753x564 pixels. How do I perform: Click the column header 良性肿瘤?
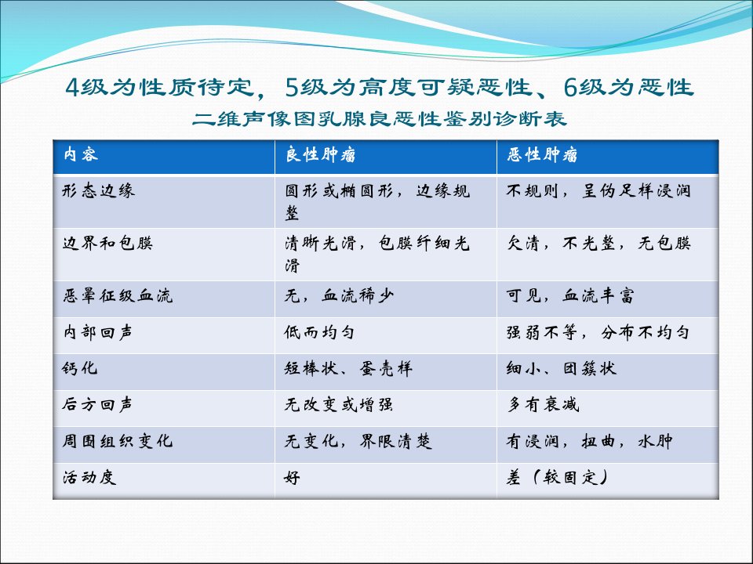(320, 155)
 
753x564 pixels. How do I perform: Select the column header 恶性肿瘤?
(542, 155)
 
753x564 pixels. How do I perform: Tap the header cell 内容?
(81, 154)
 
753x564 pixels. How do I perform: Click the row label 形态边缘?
(99, 191)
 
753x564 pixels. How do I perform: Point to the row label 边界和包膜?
(107, 243)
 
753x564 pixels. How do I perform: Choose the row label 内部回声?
(98, 332)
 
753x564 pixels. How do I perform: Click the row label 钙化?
(80, 368)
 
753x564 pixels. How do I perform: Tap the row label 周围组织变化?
(117, 441)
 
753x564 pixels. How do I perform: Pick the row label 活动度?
(89, 477)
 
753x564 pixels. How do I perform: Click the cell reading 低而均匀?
(319, 332)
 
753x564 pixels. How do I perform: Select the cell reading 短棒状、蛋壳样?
(348, 368)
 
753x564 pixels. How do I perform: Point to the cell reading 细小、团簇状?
(562, 368)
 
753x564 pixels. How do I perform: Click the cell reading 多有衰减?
(543, 405)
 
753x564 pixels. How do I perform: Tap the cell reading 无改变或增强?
(339, 405)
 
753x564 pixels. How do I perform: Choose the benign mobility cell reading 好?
(292, 478)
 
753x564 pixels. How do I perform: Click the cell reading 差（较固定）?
(558, 477)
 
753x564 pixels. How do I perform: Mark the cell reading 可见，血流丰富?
(570, 295)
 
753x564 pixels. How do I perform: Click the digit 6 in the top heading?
(570, 87)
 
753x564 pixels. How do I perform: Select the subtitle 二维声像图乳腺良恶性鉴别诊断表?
(380, 118)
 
